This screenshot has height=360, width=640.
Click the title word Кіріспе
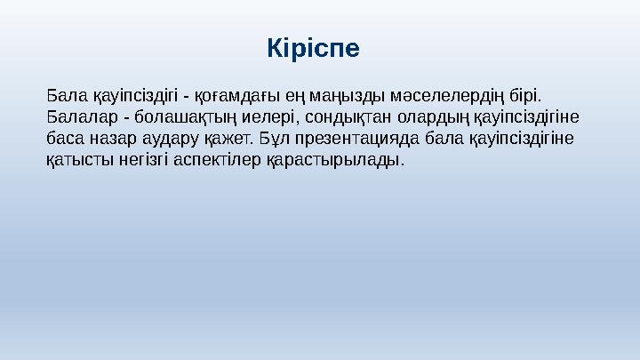pos(313,47)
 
